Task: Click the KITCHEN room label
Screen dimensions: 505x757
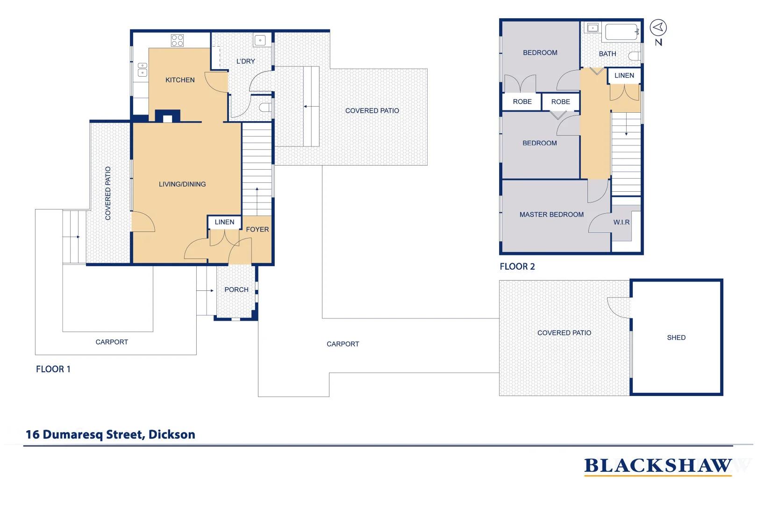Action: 180,80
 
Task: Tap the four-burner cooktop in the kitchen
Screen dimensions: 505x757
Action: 177,40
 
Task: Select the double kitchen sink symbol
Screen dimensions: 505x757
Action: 142,70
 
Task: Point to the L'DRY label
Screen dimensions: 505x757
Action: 245,61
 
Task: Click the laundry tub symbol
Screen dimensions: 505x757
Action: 260,40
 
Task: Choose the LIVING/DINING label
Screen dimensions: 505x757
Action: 182,184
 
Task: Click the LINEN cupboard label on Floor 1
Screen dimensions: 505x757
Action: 224,222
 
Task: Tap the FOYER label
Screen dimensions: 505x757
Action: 257,230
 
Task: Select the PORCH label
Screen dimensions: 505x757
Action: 236,290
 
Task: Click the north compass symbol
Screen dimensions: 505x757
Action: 658,28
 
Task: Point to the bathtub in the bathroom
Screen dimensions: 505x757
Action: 621,32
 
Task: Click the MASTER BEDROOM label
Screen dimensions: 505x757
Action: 551,215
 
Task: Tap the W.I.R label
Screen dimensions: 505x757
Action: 621,223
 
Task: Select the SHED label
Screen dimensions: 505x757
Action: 676,338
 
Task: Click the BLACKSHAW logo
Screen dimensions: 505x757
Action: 657,466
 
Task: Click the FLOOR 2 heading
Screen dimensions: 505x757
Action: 517,267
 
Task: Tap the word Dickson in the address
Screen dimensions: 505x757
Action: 171,434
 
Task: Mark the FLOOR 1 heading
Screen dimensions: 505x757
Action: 53,369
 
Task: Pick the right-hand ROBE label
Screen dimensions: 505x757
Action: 560,102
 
